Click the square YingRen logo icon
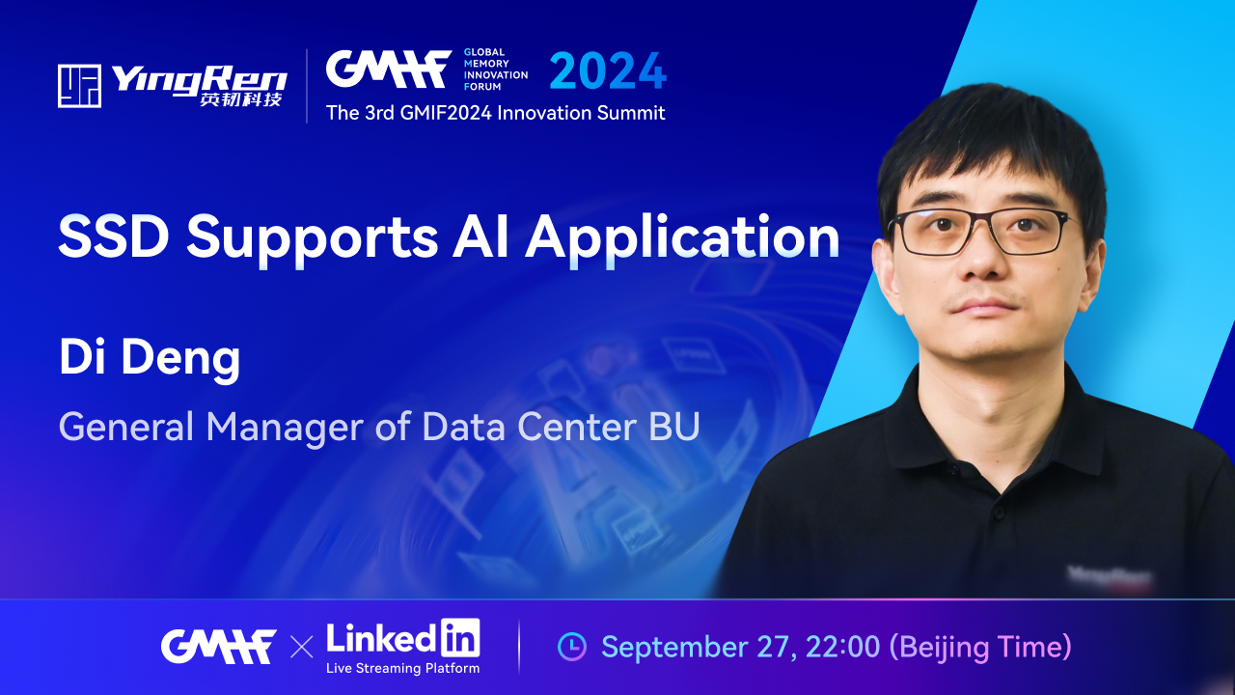pos(79,86)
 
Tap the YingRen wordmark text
pos(199,80)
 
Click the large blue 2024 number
pos(608,70)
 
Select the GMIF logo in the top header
pos(389,69)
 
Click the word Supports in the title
pos(312,238)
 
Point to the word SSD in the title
pos(114,236)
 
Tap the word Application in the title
pos(682,238)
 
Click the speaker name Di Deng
pos(150,358)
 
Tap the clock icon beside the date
pos(572,647)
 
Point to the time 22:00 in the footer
pos(842,647)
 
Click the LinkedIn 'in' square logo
pos(460,637)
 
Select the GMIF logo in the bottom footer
pos(218,647)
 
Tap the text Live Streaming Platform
pos(403,669)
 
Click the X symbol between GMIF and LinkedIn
pos(302,647)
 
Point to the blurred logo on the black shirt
pos(1109,577)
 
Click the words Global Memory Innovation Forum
pos(496,69)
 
